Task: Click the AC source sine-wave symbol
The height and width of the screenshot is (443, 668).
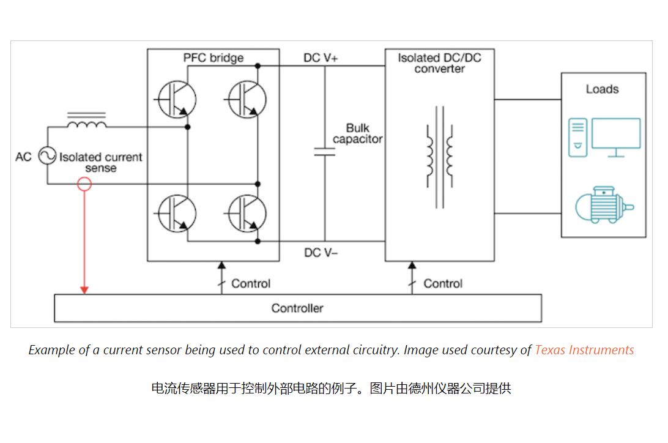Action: (48, 157)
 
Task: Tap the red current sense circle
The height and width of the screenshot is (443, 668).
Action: (85, 184)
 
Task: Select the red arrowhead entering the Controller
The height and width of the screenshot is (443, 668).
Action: (85, 289)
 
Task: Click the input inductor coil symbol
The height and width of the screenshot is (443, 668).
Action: (86, 124)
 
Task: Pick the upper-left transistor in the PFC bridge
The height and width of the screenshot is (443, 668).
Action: (177, 98)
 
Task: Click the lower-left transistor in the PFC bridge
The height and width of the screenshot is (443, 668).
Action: (177, 214)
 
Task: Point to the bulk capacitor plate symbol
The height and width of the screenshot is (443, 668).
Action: (325, 151)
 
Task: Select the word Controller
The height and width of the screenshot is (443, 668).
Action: (297, 308)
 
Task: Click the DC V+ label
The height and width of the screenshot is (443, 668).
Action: (321, 58)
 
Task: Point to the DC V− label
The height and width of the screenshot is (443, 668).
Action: (321, 252)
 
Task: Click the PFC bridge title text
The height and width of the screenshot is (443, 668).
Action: (213, 58)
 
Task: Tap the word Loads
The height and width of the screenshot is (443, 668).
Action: (603, 89)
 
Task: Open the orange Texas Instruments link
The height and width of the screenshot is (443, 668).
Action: (584, 350)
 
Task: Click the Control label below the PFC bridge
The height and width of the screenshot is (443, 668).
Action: (251, 284)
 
